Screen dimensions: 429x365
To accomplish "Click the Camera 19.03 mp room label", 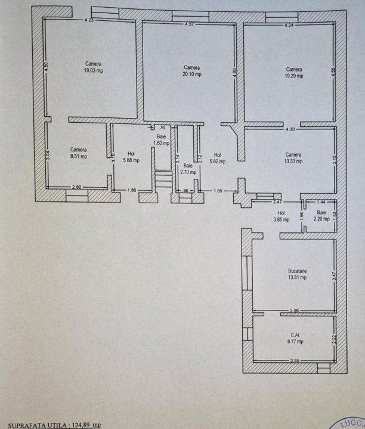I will pyautogui.click(x=92, y=67).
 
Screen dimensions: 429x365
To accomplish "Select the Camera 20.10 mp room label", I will pyautogui.click(x=191, y=71).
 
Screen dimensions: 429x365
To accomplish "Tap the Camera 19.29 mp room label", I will pyautogui.click(x=293, y=73).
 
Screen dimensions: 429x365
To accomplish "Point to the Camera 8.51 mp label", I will pyautogui.click(x=78, y=153).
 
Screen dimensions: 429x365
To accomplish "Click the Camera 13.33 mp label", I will pyautogui.click(x=293, y=157).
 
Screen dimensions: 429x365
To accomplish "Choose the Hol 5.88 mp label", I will pyautogui.click(x=131, y=157).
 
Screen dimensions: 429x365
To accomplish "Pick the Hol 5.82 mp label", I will pyautogui.click(x=217, y=158).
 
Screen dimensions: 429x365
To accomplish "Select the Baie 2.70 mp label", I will pyautogui.click(x=187, y=169).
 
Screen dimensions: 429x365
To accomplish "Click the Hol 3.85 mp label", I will pyautogui.click(x=282, y=216).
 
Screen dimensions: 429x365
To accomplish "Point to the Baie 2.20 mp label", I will pyautogui.click(x=321, y=216).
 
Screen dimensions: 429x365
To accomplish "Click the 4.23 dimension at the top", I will pyautogui.click(x=89, y=20).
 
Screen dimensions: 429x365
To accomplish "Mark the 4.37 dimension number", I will pyautogui.click(x=190, y=24).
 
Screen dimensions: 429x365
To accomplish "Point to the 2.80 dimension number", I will pyautogui.click(x=77, y=188).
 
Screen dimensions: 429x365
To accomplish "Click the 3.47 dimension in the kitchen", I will pyautogui.click(x=334, y=275).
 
